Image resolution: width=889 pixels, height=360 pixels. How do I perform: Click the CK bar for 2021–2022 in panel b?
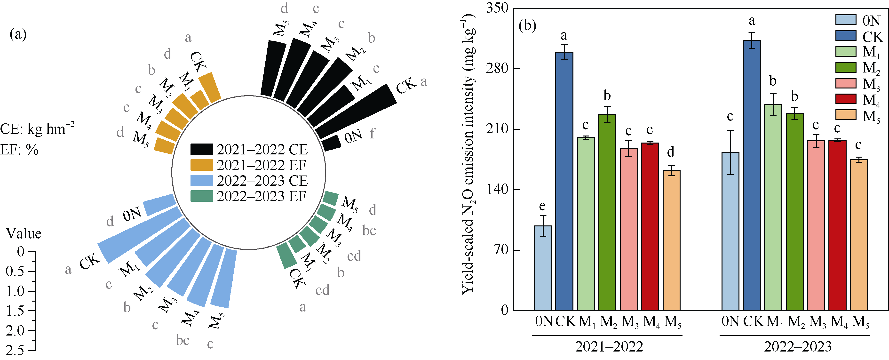(x=564, y=181)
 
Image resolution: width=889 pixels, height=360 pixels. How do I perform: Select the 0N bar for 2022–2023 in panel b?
(x=730, y=231)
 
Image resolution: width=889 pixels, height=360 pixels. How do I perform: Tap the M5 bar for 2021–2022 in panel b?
(x=671, y=240)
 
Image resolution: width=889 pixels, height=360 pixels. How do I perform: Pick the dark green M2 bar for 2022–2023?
(x=795, y=212)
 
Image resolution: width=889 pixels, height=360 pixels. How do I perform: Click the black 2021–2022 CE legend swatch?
(x=202, y=149)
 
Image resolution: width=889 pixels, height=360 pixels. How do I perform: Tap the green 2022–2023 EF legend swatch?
(x=202, y=196)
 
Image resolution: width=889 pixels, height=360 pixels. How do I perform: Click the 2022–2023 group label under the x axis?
(x=798, y=346)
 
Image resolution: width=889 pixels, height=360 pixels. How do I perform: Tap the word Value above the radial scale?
(x=24, y=234)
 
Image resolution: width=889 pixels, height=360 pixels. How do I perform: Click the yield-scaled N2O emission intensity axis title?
(x=468, y=154)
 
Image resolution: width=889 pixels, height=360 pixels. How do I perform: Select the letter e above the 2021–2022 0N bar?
(x=542, y=206)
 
